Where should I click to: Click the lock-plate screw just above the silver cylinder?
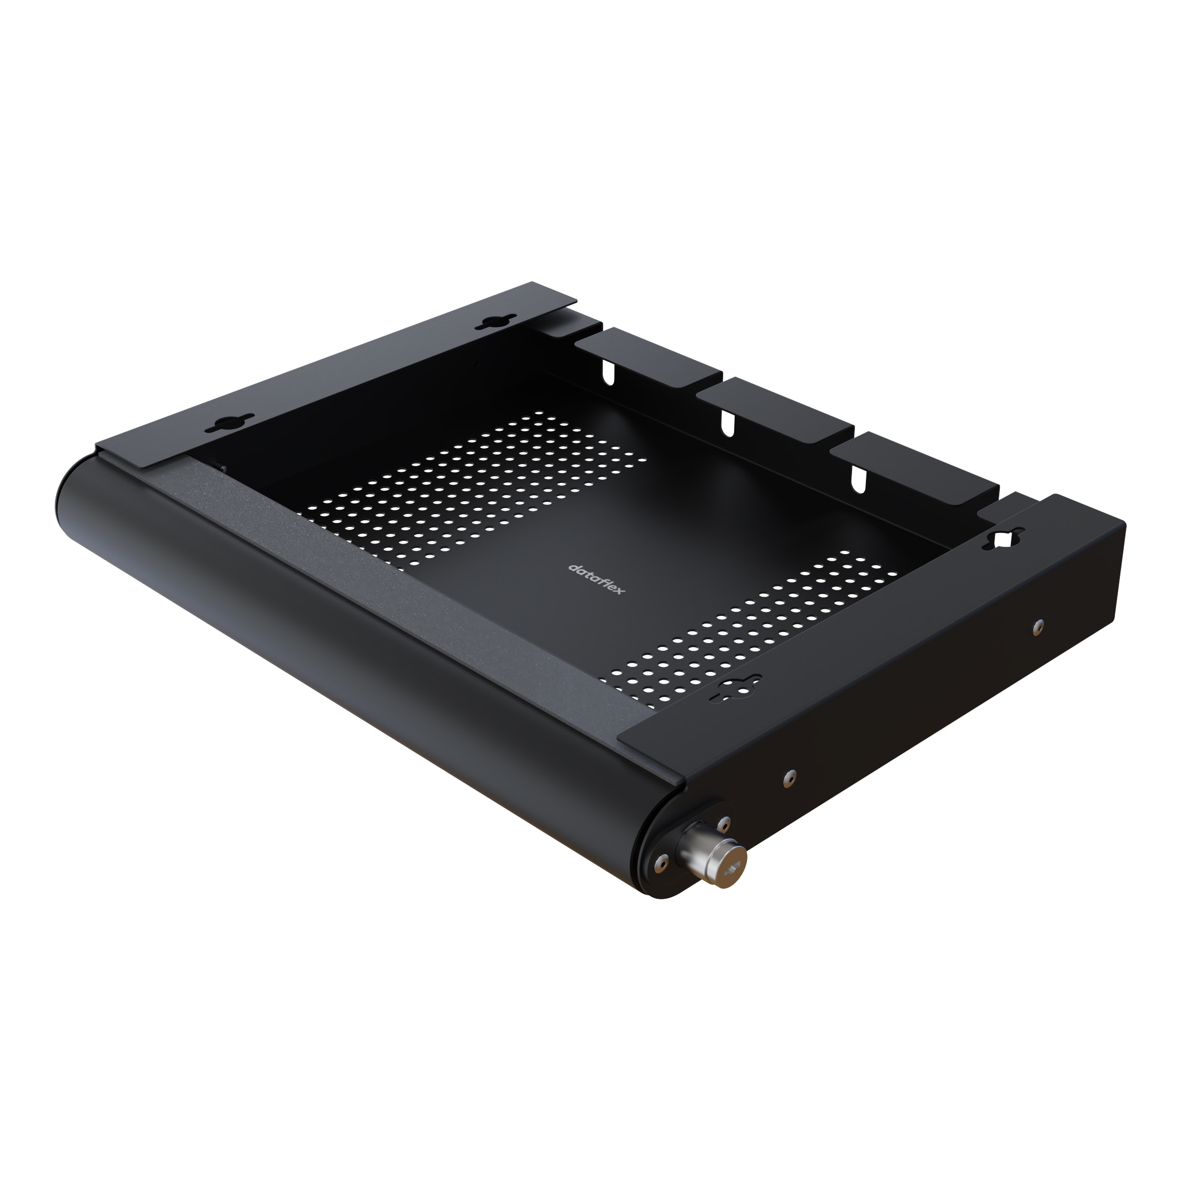coord(724,822)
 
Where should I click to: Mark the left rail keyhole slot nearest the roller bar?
coord(229,423)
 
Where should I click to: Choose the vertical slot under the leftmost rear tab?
coord(608,372)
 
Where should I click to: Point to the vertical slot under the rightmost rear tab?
coord(859,479)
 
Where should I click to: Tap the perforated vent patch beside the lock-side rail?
coord(752,630)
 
